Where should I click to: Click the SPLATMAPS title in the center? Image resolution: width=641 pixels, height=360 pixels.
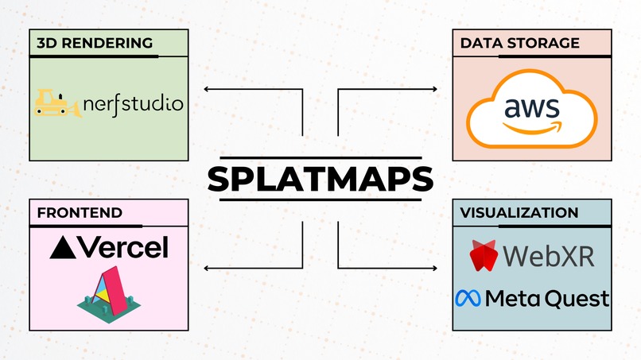(x=320, y=178)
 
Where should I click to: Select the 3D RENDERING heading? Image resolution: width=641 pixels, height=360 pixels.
(x=94, y=43)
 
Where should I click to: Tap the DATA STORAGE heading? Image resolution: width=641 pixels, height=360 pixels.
(x=519, y=43)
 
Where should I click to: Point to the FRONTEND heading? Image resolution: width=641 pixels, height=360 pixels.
(x=79, y=212)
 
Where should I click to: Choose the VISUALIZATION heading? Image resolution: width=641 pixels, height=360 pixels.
(x=519, y=212)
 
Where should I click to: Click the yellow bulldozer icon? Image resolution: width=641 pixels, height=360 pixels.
(x=57, y=103)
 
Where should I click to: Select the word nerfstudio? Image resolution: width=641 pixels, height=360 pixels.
(x=133, y=104)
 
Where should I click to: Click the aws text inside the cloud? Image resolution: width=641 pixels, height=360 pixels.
(x=531, y=107)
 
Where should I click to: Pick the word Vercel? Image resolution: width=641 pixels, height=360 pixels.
(x=122, y=247)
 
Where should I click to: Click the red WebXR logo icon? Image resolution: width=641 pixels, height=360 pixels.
(x=483, y=256)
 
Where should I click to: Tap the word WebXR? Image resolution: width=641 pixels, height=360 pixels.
(x=550, y=256)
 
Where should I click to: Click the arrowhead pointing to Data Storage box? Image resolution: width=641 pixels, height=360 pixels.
(x=434, y=90)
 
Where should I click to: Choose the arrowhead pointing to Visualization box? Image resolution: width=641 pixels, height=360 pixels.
(x=434, y=268)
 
